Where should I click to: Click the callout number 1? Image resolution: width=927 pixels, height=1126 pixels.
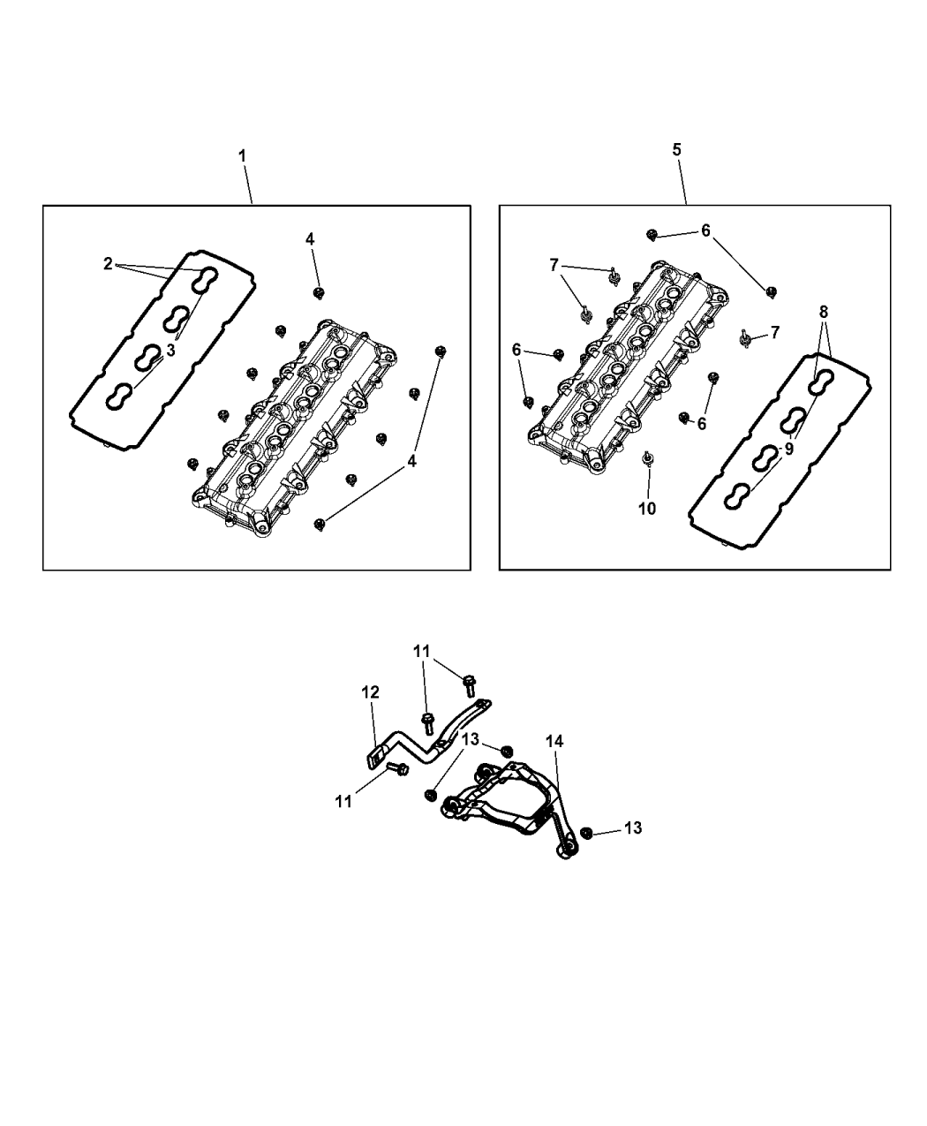click(242, 155)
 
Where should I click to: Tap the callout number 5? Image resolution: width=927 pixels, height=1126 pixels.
click(676, 149)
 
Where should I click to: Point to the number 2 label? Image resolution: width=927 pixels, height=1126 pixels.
click(108, 263)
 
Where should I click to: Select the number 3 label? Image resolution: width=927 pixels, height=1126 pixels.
click(170, 351)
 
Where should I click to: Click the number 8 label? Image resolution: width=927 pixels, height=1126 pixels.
click(823, 312)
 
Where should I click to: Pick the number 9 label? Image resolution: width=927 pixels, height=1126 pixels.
click(788, 448)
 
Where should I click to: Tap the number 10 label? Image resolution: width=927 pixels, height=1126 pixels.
click(647, 509)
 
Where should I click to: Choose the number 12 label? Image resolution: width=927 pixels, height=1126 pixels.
click(371, 692)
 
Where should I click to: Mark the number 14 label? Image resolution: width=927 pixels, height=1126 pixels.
click(554, 742)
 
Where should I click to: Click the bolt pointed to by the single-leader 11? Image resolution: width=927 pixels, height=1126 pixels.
click(396, 769)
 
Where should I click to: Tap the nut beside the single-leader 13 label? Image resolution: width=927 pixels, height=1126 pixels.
click(587, 833)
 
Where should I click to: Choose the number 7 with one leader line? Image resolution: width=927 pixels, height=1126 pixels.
click(774, 332)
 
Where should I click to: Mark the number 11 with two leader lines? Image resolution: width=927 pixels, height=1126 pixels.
click(423, 651)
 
